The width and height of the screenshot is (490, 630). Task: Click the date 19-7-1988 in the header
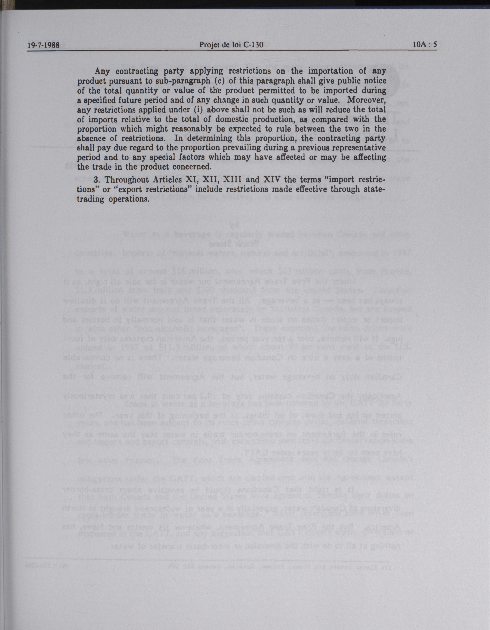point(43,45)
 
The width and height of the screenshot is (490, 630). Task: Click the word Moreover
point(366,100)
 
